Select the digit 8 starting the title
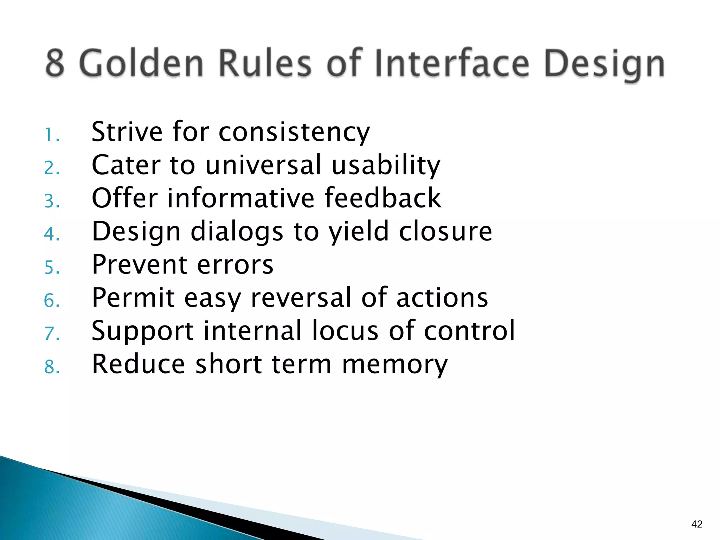click(x=55, y=63)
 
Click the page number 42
click(x=696, y=524)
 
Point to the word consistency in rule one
click(x=294, y=132)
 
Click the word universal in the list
click(x=263, y=165)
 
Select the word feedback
click(x=382, y=198)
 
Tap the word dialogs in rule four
click(x=237, y=232)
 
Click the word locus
click(x=345, y=330)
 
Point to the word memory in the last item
click(x=395, y=364)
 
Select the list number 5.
click(x=51, y=268)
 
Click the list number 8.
click(x=51, y=367)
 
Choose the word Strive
click(x=127, y=132)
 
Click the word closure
click(x=445, y=231)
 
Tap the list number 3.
click(x=51, y=201)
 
